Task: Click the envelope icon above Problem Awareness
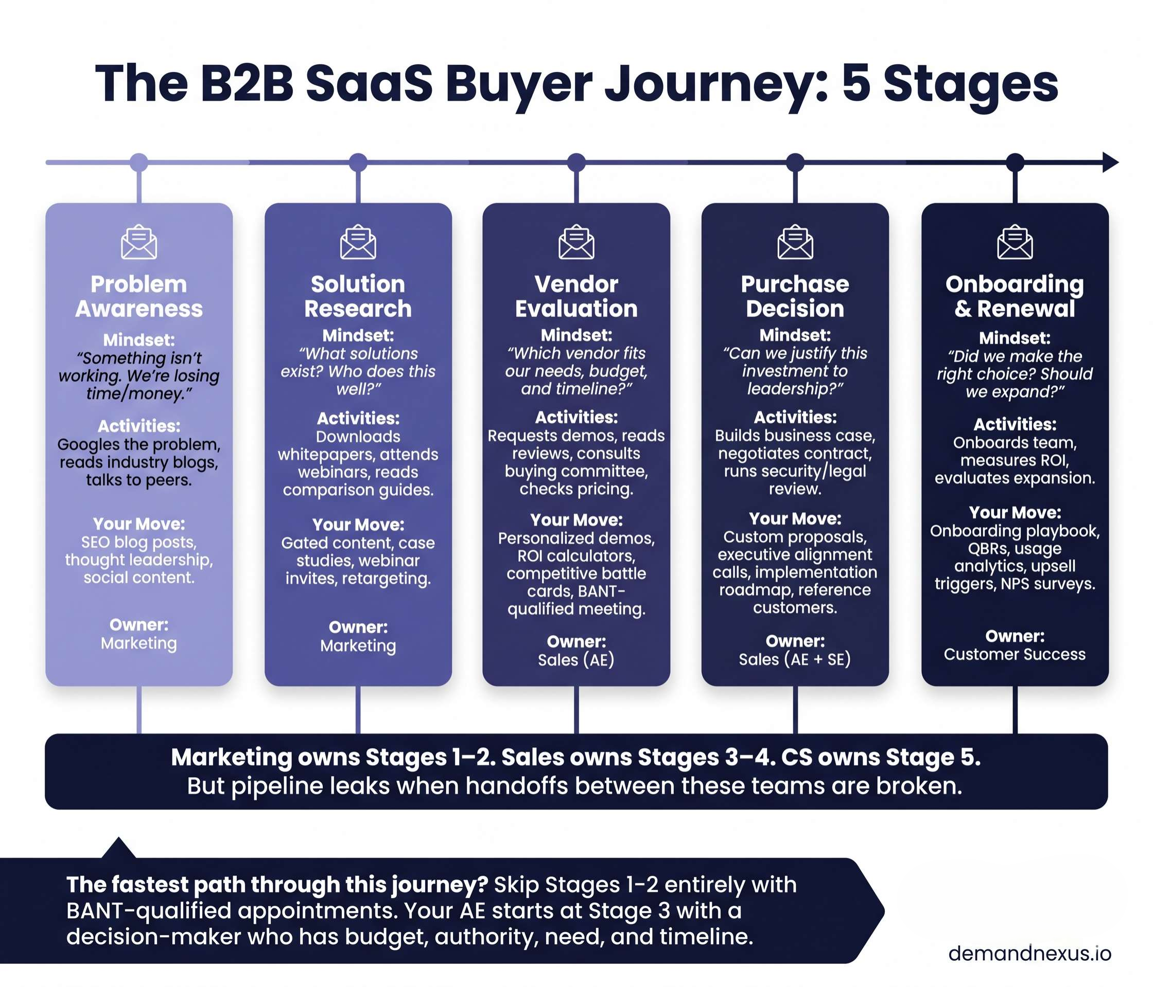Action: (x=138, y=242)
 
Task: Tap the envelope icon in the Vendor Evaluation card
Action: (x=576, y=242)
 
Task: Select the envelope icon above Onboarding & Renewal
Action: (x=1015, y=242)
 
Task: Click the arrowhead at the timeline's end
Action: (x=1110, y=163)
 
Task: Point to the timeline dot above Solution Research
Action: (x=358, y=163)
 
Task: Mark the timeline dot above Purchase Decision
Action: (x=795, y=163)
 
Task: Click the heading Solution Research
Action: (x=358, y=296)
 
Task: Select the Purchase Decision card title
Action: (x=795, y=296)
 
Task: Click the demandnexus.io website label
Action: (x=1029, y=953)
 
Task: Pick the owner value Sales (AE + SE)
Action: (x=795, y=659)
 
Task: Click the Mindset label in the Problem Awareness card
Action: (x=138, y=340)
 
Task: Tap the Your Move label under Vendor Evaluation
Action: (x=576, y=520)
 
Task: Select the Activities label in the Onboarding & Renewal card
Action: (x=1015, y=424)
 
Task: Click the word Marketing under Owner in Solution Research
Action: (x=358, y=645)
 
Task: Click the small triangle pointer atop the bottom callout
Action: (x=118, y=848)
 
